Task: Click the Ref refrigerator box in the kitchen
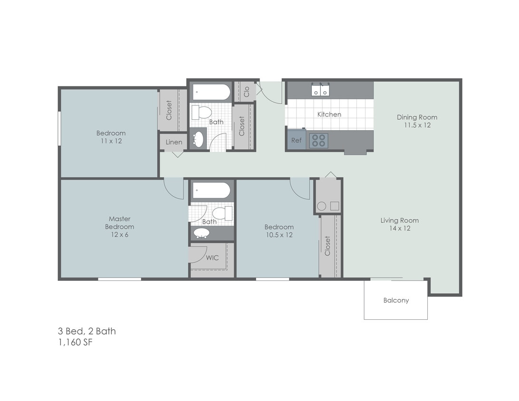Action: [296, 140]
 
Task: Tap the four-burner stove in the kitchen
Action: [318, 141]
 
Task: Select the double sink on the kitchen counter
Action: [320, 90]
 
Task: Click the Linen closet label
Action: [173, 142]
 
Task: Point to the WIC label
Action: [212, 258]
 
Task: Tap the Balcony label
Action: [396, 300]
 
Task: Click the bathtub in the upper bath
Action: [210, 92]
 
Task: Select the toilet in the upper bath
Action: [202, 113]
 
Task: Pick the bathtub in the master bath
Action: [211, 190]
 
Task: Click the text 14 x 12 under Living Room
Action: [399, 229]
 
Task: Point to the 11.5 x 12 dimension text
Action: [417, 125]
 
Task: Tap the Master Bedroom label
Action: [120, 223]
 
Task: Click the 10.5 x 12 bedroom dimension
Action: [279, 235]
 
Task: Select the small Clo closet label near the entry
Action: [246, 92]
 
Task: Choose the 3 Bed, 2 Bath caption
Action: [86, 331]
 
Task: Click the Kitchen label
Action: [329, 115]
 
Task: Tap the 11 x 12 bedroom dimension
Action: [111, 141]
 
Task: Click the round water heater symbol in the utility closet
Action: [322, 206]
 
